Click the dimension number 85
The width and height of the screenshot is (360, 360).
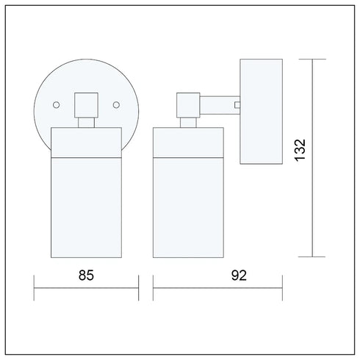point(86,276)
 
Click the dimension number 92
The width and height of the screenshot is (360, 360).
point(239,276)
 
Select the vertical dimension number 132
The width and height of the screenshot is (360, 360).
point(300,150)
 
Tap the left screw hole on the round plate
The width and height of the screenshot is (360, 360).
point(57,105)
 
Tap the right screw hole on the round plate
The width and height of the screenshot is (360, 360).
point(116,105)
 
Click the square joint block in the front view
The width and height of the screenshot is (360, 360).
point(86,105)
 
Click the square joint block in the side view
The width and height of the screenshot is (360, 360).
point(188,105)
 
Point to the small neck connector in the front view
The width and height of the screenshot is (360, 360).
point(86,123)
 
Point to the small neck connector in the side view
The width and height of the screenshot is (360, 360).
point(188,123)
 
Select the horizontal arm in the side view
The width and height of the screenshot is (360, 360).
point(220,105)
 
